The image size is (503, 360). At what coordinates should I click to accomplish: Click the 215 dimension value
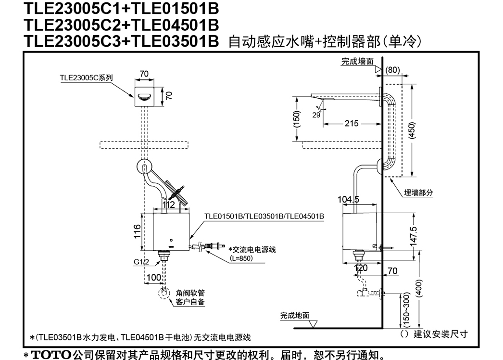(x=351, y=123)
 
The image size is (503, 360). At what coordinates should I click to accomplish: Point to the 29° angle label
(x=316, y=115)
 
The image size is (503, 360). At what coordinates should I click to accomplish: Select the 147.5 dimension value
(x=414, y=236)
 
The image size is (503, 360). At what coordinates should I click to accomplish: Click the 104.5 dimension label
(x=348, y=199)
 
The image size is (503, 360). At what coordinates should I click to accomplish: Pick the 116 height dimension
(x=137, y=231)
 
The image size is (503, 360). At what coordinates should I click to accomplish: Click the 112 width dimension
(x=168, y=204)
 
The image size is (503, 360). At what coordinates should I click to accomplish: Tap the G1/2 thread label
(x=141, y=262)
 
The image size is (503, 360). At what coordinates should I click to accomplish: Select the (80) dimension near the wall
(x=392, y=70)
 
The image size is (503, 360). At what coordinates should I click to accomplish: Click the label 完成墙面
(x=357, y=61)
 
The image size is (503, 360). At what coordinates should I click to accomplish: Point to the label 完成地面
(x=294, y=315)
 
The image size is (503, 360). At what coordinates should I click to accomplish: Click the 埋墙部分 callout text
(x=418, y=193)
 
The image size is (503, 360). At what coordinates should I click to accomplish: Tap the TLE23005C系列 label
(x=86, y=77)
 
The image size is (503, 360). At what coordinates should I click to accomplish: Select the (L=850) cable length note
(x=241, y=258)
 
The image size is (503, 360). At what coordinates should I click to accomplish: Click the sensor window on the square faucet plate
(x=144, y=96)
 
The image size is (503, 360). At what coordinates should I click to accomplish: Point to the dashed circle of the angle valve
(x=164, y=293)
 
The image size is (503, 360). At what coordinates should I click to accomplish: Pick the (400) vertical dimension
(x=419, y=289)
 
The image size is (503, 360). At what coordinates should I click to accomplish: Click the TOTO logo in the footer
(x=51, y=355)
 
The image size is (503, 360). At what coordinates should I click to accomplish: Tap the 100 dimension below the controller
(x=154, y=277)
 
